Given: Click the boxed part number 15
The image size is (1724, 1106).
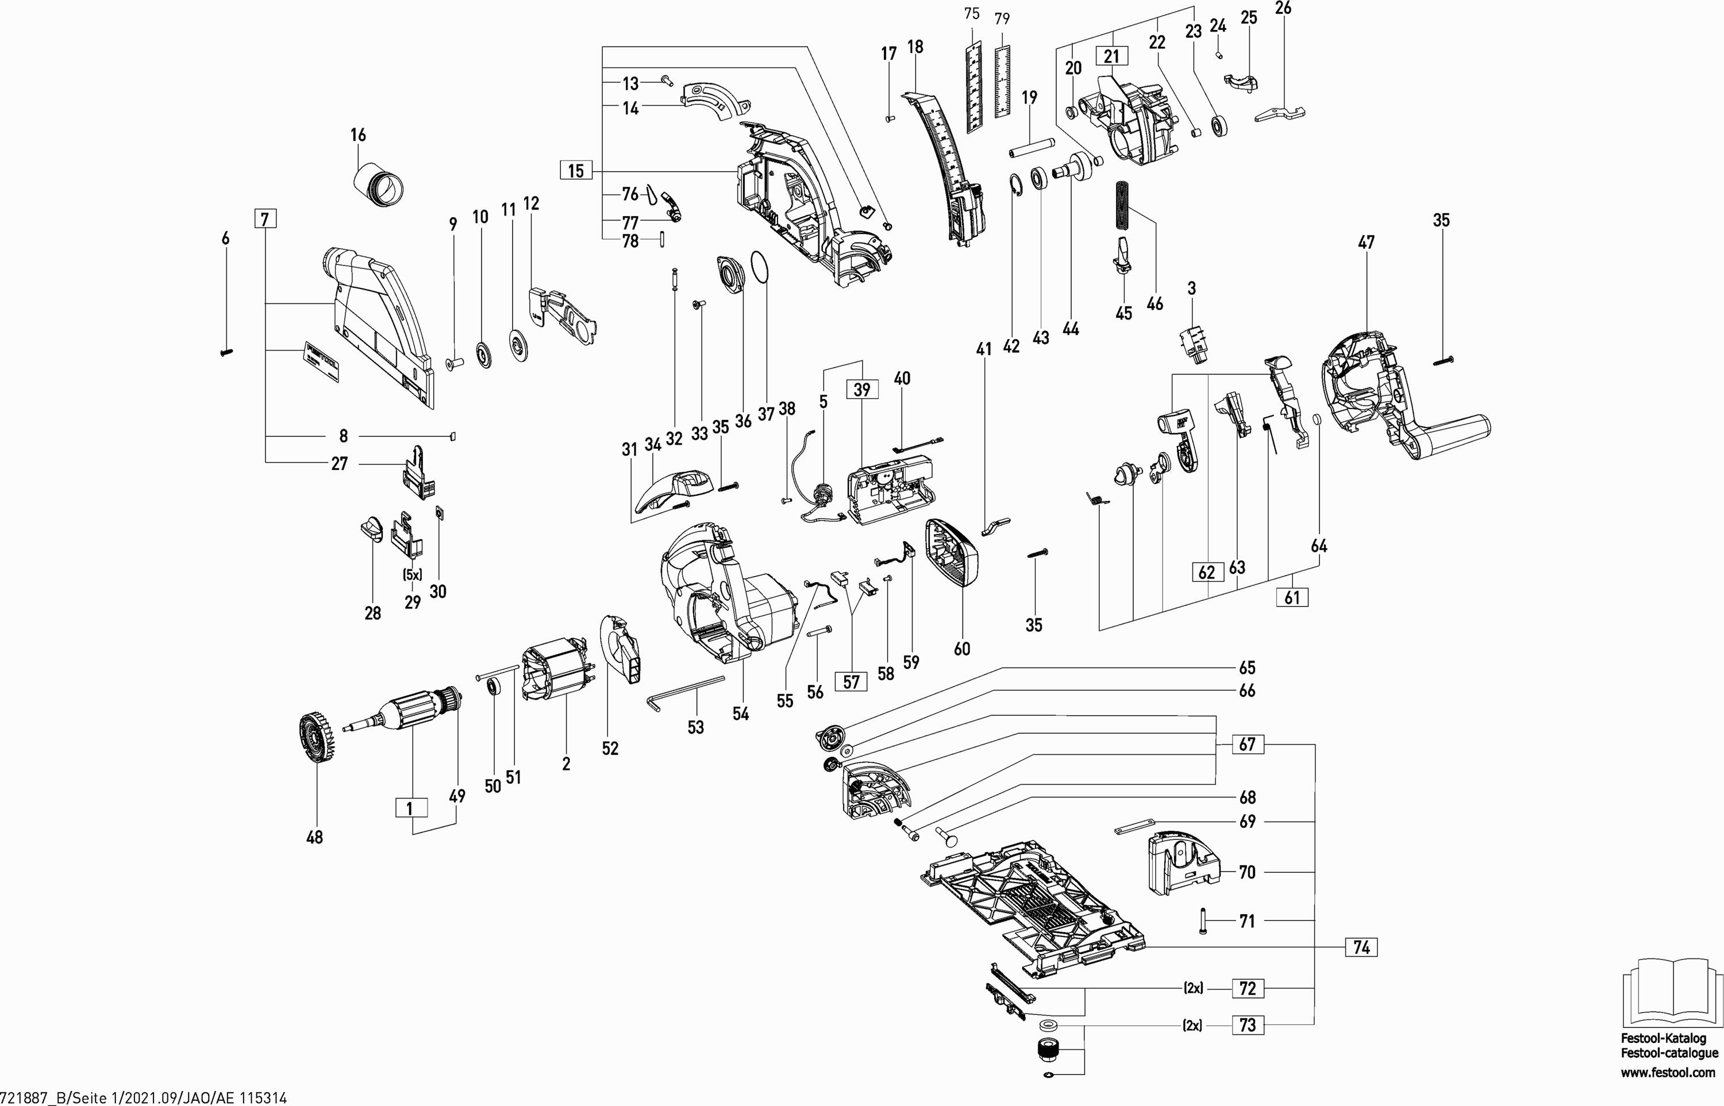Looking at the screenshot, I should [576, 171].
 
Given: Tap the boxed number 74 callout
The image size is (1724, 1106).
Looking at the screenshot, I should [1361, 947].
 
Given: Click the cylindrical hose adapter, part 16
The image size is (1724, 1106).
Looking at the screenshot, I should [380, 185].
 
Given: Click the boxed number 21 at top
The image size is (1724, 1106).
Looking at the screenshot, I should [1111, 56].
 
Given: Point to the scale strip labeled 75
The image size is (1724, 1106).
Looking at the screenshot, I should [972, 87].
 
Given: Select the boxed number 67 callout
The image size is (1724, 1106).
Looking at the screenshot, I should [1247, 744].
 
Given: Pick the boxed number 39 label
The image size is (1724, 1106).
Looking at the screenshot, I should [862, 390].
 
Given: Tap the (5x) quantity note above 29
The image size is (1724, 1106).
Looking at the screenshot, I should [413, 575].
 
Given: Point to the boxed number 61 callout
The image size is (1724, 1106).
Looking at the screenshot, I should [1292, 597].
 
